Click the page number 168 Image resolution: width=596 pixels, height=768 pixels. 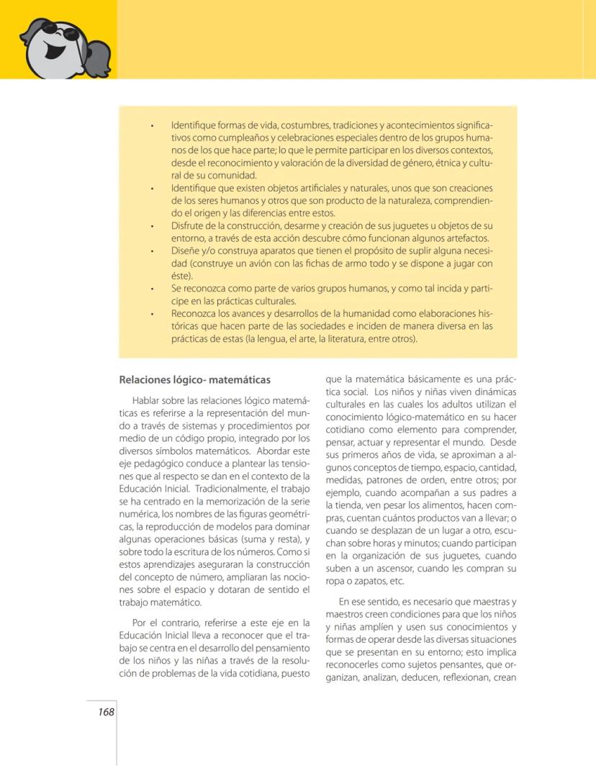(107, 712)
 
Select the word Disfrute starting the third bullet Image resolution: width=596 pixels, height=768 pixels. (189, 226)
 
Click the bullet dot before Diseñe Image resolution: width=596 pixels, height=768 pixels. (153, 251)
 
